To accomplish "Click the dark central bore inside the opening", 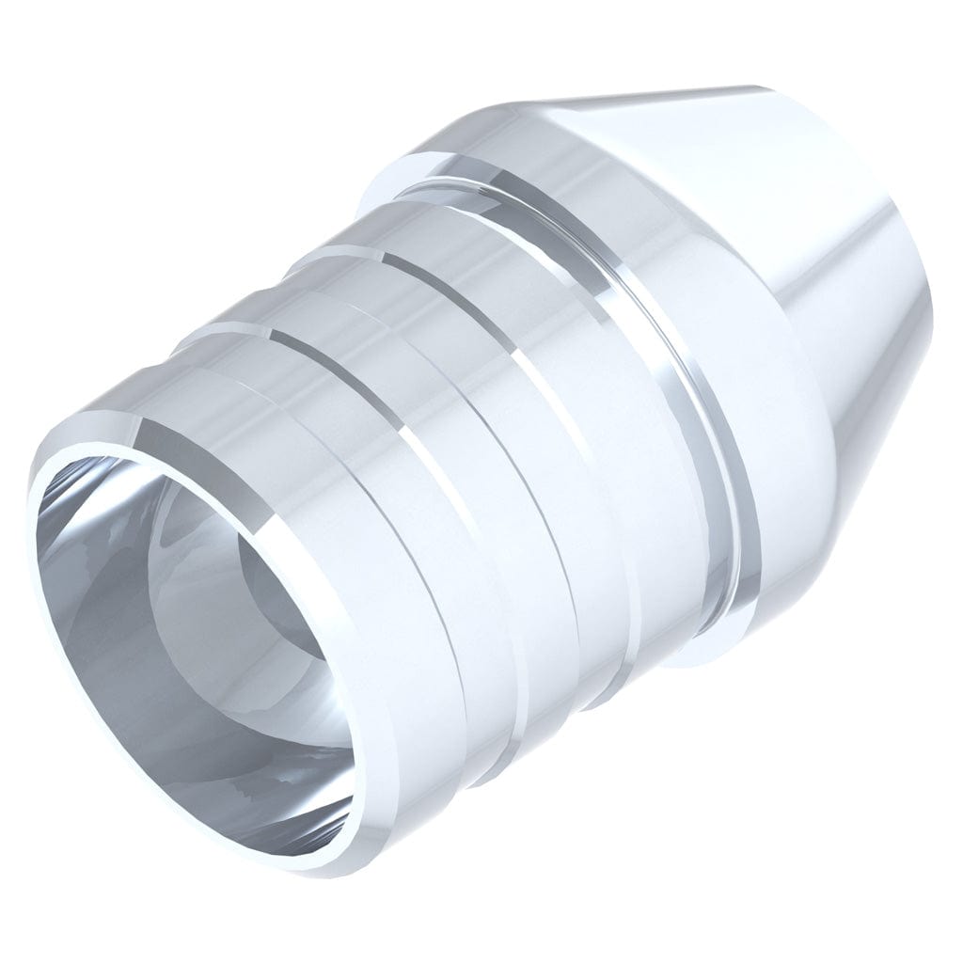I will pos(282,602).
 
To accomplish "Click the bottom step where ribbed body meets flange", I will pos(677,649).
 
